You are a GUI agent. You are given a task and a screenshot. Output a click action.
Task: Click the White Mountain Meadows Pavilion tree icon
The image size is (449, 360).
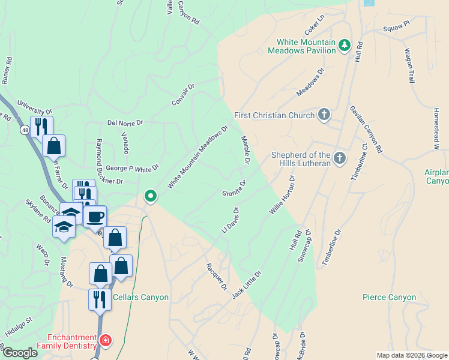[344, 46]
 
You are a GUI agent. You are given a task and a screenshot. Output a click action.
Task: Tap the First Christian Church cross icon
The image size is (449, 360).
[324, 115]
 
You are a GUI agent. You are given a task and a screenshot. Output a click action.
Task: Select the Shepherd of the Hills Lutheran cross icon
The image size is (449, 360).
[340, 158]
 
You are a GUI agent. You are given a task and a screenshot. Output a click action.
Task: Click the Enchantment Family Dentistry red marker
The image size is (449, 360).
[106, 341]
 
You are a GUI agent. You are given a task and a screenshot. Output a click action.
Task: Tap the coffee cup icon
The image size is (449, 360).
[95, 217]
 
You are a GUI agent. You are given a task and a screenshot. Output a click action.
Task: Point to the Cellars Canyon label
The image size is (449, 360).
[140, 297]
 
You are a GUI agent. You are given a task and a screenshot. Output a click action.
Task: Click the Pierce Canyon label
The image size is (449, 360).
[389, 297]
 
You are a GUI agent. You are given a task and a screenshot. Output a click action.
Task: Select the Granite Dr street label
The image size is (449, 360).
[235, 188]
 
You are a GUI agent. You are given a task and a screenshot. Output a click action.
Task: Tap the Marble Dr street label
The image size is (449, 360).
[246, 150]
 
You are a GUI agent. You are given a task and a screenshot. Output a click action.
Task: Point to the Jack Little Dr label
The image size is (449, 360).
[247, 284]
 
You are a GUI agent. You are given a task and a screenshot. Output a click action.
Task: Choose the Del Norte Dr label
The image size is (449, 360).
[125, 122]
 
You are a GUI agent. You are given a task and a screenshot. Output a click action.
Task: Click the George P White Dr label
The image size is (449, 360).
[131, 168]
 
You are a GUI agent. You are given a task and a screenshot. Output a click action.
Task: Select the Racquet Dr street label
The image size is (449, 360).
[216, 276]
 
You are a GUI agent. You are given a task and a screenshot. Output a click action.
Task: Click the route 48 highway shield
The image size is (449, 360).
[24, 130]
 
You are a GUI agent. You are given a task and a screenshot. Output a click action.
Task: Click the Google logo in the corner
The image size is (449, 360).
[19, 352]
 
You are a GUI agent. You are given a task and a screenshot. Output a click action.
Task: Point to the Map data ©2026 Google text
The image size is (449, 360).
[411, 355]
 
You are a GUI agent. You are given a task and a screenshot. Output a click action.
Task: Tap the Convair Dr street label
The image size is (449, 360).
[184, 94]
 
